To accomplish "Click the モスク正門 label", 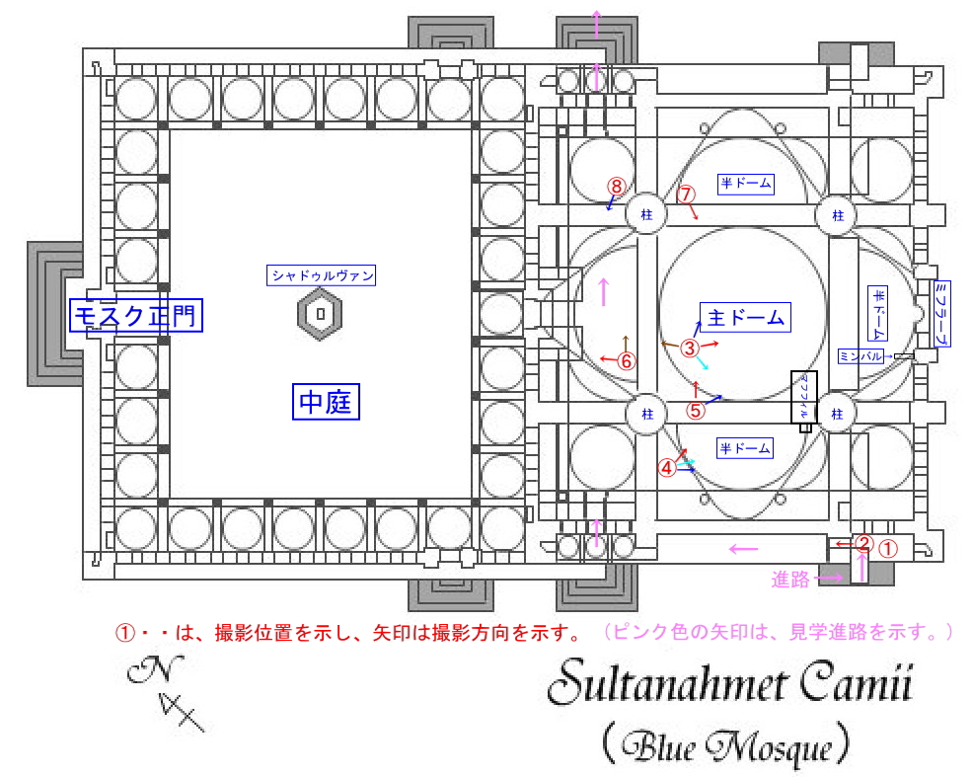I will click(x=136, y=316).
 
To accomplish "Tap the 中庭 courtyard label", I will click(x=326, y=402).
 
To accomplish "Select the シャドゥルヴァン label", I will click(x=323, y=276).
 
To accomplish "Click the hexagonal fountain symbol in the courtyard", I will click(x=321, y=315).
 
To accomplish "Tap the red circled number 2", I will click(x=863, y=543).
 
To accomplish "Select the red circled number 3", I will click(x=690, y=347).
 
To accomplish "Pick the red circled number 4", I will click(x=668, y=467).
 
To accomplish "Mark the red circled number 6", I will click(x=626, y=360).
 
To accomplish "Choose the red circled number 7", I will click(x=687, y=194).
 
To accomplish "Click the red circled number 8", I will click(x=616, y=187).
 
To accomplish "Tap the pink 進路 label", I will click(x=790, y=580).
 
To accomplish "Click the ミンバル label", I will click(x=861, y=355).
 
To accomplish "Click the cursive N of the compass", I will click(x=146, y=671).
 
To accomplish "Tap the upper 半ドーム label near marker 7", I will click(x=745, y=183).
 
